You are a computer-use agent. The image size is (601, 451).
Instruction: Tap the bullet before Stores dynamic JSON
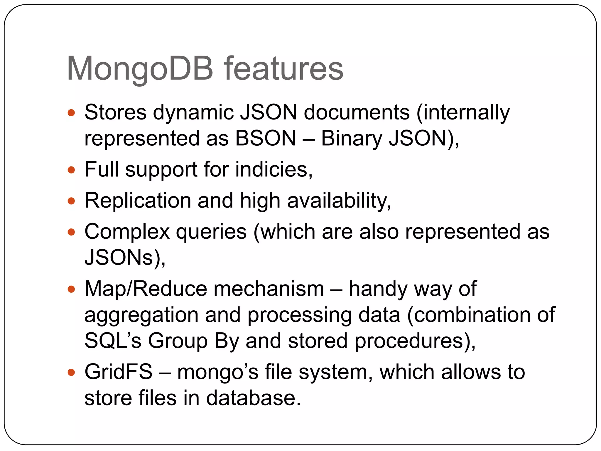(x=71, y=113)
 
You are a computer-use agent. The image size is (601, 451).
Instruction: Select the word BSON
(x=266, y=138)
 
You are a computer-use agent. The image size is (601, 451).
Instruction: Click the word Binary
(x=351, y=138)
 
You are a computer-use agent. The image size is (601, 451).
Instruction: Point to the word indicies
(x=271, y=169)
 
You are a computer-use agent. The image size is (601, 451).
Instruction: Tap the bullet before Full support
(x=71, y=170)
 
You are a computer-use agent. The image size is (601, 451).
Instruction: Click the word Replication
(x=138, y=201)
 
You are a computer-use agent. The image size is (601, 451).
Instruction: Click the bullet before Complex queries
(x=71, y=232)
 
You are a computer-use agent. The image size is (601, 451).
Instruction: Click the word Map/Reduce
(x=146, y=289)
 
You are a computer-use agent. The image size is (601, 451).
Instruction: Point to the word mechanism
(x=269, y=289)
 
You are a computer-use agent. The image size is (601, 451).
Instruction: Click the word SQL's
(x=113, y=341)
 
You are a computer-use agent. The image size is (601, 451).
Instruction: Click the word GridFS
(x=119, y=372)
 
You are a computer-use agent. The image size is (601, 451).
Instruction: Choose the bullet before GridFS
(x=71, y=373)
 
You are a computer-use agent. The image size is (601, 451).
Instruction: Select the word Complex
(x=127, y=232)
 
